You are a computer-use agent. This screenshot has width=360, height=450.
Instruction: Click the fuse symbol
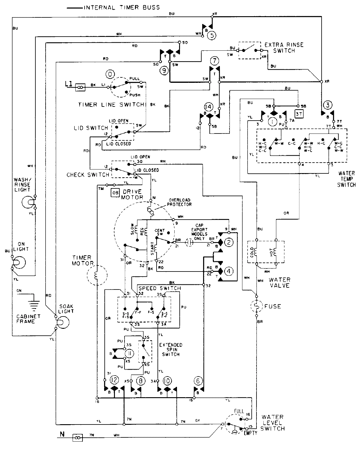[256, 306]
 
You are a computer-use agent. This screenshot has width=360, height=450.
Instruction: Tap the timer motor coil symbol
[97, 275]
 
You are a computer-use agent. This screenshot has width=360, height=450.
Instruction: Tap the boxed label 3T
[298, 114]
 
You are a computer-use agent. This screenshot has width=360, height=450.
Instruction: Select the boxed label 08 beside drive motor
[115, 193]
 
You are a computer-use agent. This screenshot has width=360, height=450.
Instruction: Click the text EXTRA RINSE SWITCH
[284, 48]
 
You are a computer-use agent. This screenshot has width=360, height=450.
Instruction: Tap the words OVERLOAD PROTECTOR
[180, 202]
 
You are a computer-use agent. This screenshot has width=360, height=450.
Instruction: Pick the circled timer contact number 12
[114, 380]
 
